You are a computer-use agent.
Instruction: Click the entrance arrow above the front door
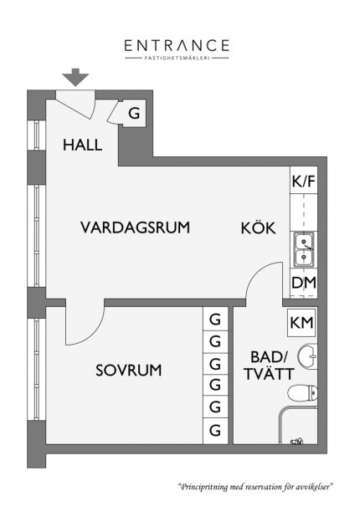point(75,77)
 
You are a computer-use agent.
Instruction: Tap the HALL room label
point(83,146)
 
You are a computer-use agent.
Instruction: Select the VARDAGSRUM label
point(135,228)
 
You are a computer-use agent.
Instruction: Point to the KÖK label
point(258,228)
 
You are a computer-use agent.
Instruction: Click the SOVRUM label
point(129,371)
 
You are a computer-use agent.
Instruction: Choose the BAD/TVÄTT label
point(269,366)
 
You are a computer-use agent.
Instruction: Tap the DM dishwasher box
point(304,283)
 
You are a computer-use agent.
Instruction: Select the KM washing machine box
point(301,323)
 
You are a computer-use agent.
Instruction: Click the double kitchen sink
point(304,249)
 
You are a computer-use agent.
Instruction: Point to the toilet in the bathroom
point(303,393)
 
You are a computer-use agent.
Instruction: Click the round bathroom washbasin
point(308,356)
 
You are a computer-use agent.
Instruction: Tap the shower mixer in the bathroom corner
point(297,441)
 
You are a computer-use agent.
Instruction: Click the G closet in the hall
point(134,113)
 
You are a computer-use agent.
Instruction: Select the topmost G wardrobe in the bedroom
point(215,319)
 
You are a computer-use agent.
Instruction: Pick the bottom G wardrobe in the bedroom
point(215,431)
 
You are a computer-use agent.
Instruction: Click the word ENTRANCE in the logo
point(177,45)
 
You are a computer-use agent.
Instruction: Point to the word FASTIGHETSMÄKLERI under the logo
point(177,58)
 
